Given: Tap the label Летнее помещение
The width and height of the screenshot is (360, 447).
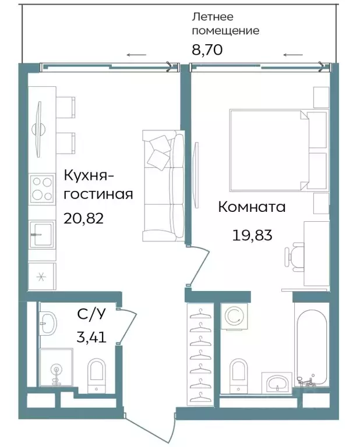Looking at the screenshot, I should [225, 24].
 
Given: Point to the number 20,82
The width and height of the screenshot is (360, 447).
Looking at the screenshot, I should [85, 218].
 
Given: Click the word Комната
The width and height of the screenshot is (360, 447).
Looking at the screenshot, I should [252, 207].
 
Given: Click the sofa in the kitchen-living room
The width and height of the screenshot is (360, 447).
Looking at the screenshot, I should [164, 185].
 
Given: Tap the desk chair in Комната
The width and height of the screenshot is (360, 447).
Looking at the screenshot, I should [295, 256].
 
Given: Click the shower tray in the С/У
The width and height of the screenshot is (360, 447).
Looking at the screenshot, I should [56, 367].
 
